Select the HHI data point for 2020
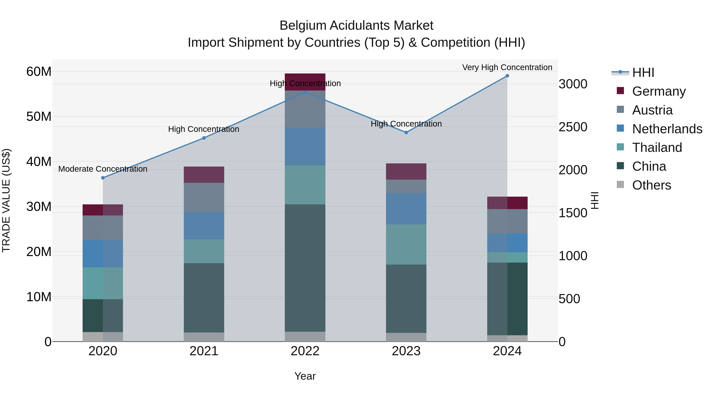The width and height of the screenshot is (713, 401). tap(103, 178)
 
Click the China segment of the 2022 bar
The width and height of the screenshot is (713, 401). tap(305, 268)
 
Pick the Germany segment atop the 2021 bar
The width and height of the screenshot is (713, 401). tap(204, 175)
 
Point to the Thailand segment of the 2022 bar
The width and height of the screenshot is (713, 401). tap(305, 185)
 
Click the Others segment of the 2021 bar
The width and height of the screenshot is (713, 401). tap(204, 337)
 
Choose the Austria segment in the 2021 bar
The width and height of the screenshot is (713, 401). tap(204, 197)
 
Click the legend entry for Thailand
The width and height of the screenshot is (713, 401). tap(657, 148)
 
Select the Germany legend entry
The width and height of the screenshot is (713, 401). tap(659, 91)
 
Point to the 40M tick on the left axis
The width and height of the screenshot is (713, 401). tap(39, 162)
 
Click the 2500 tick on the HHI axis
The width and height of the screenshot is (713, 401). tap(573, 127)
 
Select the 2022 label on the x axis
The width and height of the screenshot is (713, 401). tap(305, 351)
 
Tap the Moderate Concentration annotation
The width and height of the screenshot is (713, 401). tap(103, 169)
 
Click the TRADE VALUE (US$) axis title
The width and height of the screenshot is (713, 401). tap(6, 200)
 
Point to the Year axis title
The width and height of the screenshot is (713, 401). tap(305, 376)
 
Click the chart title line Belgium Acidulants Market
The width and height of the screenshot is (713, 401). tap(356, 26)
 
